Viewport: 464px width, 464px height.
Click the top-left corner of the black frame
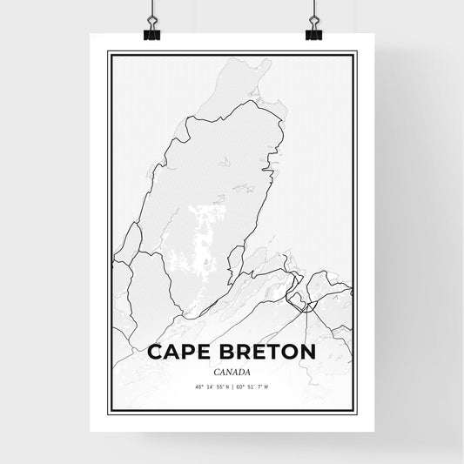pos(109,52)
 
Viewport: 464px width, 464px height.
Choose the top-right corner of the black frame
pos(356,52)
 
